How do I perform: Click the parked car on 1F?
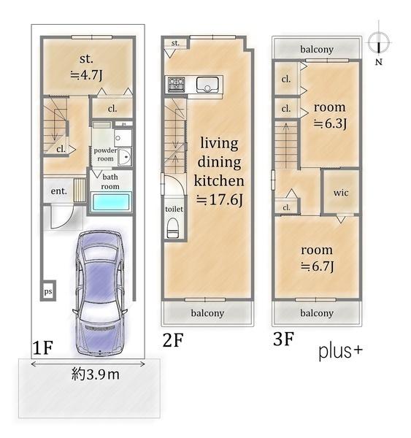click(100, 293)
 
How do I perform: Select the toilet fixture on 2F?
click(173, 228)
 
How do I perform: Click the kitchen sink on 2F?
click(207, 85)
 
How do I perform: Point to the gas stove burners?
click(177, 85)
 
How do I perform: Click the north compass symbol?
click(379, 43)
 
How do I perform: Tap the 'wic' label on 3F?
click(341, 193)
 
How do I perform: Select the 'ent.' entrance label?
click(59, 191)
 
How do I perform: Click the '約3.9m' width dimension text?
click(96, 374)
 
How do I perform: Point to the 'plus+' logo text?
click(340, 351)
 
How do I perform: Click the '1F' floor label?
click(43, 347)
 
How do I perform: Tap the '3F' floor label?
click(283, 339)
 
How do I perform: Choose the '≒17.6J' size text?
click(220, 200)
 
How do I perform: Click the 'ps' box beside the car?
click(48, 291)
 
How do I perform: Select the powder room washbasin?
click(125, 157)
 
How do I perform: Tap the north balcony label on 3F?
click(317, 49)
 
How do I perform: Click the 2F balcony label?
click(207, 313)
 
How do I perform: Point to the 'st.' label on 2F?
click(175, 43)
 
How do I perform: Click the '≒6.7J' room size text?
click(317, 266)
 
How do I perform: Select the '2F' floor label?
click(173, 340)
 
